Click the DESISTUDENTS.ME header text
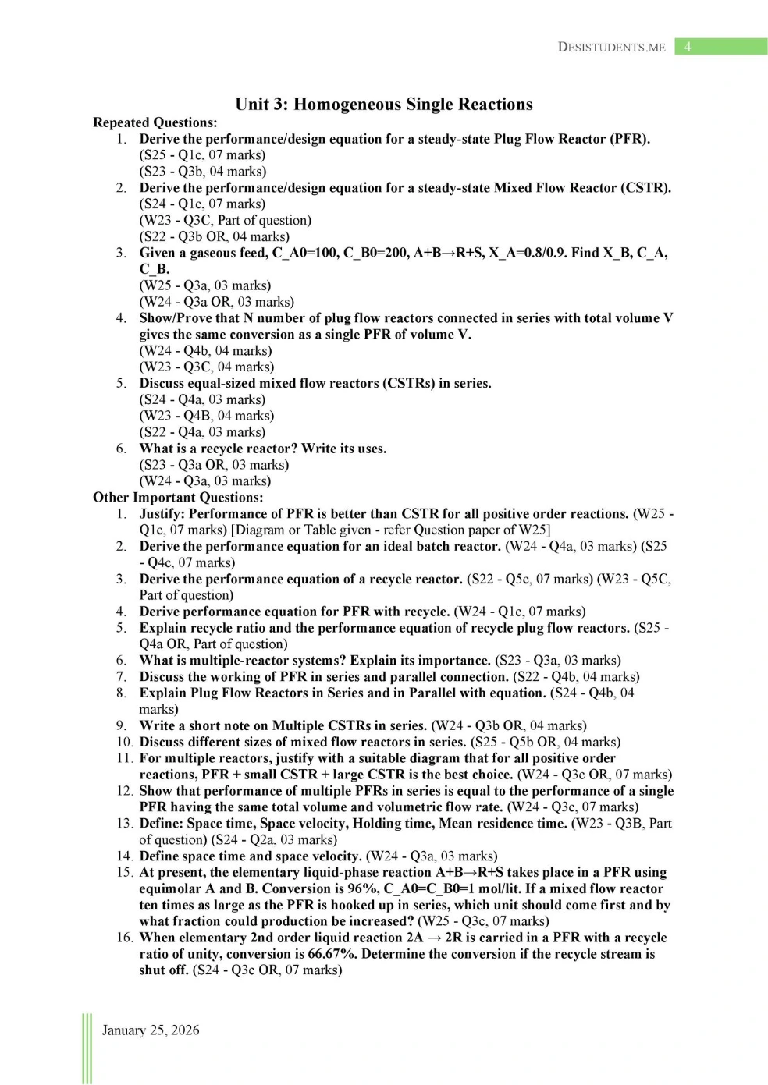coord(611,48)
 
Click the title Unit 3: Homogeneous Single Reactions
coord(384,105)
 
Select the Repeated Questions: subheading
coord(155,122)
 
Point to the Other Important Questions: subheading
coord(178,498)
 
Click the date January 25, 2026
coord(151,1030)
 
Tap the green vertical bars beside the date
coord(87,1049)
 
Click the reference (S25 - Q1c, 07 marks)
coord(203,155)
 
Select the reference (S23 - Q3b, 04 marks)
coord(203,172)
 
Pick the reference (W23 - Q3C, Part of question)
coord(226,221)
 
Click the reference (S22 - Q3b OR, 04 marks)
coord(215,236)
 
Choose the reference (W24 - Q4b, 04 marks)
coord(206,351)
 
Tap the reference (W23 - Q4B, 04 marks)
coord(207,416)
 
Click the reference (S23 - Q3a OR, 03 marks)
coord(215,465)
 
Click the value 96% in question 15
coord(361,889)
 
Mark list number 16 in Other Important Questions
coord(125,938)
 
